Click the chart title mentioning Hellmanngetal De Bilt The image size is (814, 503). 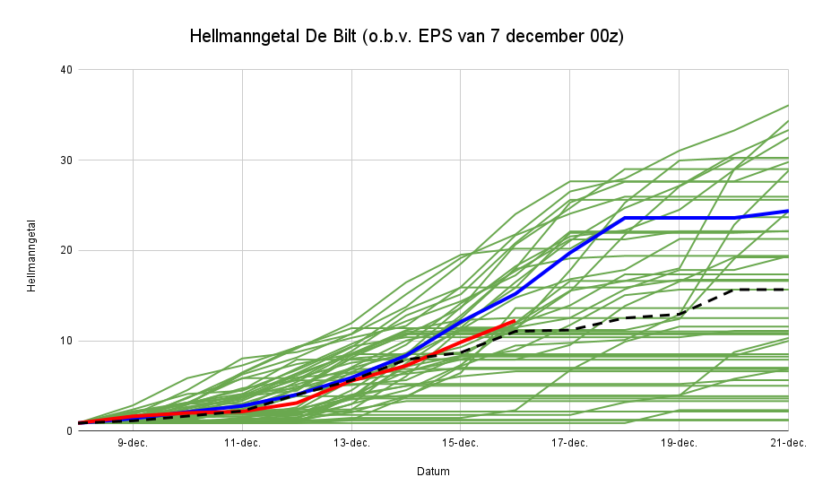(406, 37)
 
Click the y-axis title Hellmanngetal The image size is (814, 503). (31, 255)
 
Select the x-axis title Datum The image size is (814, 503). (433, 472)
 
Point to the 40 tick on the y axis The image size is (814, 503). (66, 70)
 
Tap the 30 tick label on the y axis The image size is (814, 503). (66, 160)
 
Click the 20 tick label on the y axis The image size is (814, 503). (66, 251)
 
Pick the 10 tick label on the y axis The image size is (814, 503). (66, 341)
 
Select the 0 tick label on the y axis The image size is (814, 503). (69, 431)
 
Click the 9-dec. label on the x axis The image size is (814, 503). (133, 443)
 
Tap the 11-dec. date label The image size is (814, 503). (242, 443)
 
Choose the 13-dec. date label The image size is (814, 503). (351, 443)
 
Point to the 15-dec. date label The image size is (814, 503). (461, 443)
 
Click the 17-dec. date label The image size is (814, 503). (569, 443)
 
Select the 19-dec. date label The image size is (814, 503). (679, 443)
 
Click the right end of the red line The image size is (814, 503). (515, 320)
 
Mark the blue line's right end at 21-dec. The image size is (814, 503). (787, 211)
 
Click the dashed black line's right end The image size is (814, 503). (787, 290)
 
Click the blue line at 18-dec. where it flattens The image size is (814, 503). (624, 218)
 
